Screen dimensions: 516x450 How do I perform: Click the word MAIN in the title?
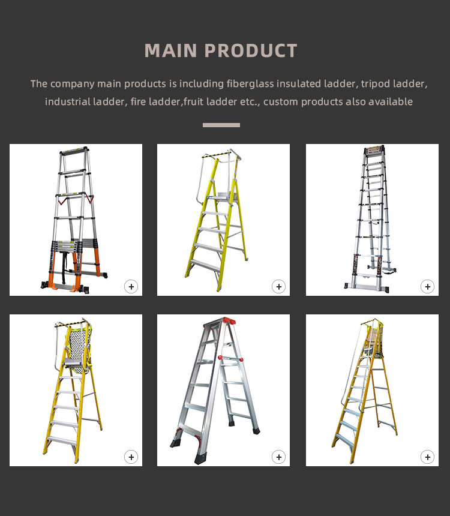[x=170, y=51]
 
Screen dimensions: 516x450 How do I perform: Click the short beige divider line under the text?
[x=221, y=125]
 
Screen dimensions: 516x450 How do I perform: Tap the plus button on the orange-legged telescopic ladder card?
[x=131, y=286]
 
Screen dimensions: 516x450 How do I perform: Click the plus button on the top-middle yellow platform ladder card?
[x=278, y=286]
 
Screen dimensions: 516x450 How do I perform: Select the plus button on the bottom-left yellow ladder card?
[x=131, y=457]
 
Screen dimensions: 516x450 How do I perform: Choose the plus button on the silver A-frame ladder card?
[x=278, y=457]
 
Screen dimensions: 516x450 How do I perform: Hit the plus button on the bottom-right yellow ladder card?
[x=427, y=457]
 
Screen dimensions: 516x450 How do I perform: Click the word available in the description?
[x=391, y=101]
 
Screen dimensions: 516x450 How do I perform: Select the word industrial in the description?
[x=67, y=101]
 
